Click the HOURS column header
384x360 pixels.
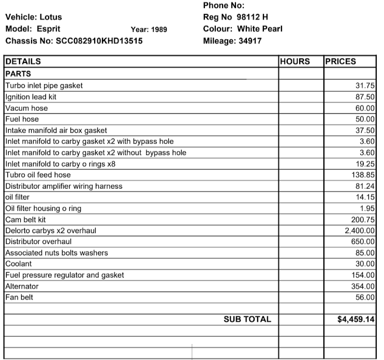click(x=295, y=62)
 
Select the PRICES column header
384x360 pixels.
click(x=341, y=62)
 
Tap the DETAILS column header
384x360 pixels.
click(x=23, y=62)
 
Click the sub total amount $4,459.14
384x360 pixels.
click(x=356, y=320)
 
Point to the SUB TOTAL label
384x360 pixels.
click(x=247, y=320)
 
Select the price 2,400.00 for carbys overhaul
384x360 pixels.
click(x=360, y=231)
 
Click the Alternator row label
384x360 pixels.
click(x=22, y=287)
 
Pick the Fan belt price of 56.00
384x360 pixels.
click(x=365, y=297)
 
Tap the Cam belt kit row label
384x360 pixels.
click(x=25, y=220)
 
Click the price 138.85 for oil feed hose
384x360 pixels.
click(x=362, y=175)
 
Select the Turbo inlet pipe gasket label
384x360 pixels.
click(x=44, y=86)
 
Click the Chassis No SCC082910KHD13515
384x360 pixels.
click(x=99, y=40)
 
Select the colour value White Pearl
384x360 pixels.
click(x=259, y=29)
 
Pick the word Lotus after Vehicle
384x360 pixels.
click(x=51, y=17)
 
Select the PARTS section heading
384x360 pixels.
click(x=18, y=73)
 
